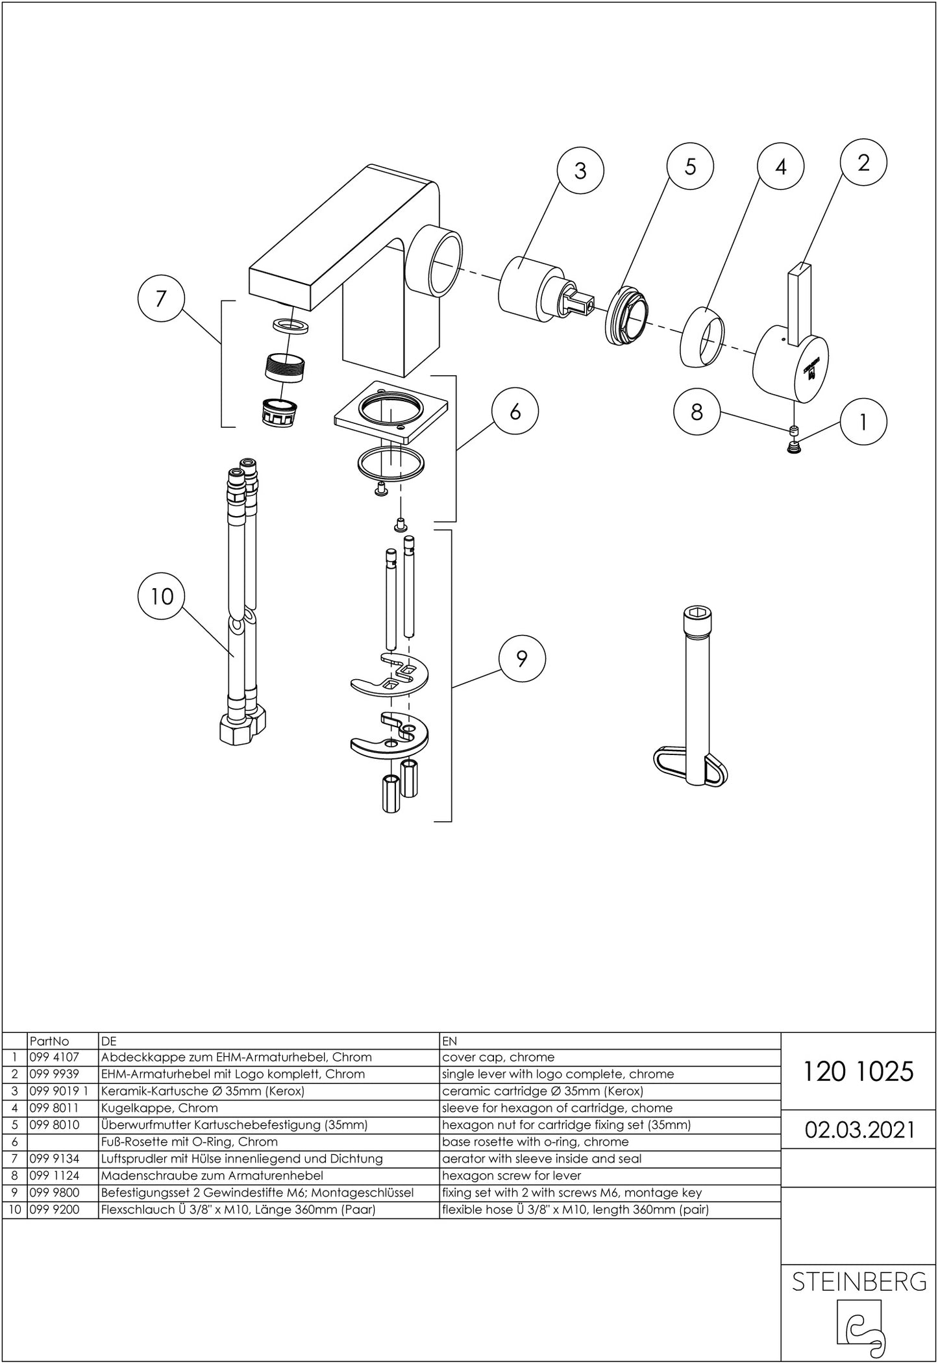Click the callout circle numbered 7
coord(161,299)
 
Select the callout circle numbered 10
coord(162,595)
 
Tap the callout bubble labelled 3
coord(580,171)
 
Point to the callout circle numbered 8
coord(697,412)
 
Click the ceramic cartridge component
coord(532,288)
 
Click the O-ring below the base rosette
coord(391,465)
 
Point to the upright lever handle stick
coord(798,299)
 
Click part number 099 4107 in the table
coord(53,1057)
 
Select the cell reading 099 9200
coord(53,1209)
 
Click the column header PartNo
coord(49,1041)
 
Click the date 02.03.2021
coord(859,1130)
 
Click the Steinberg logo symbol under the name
coord(859,1324)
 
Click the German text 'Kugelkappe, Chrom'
coord(160,1108)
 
